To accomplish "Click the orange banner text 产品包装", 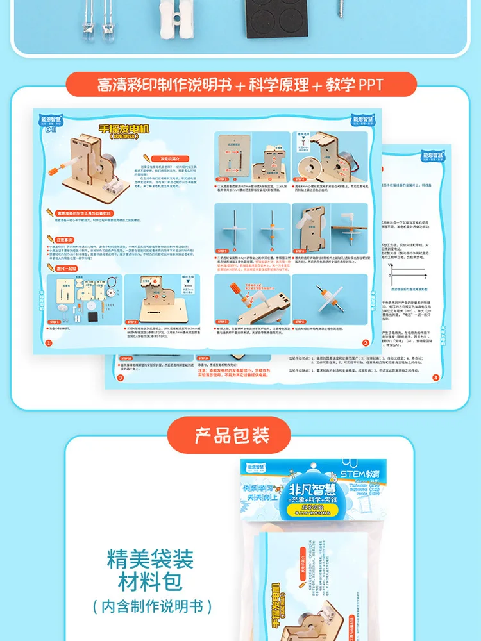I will point(232,436).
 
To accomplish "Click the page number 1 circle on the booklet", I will point(48,343).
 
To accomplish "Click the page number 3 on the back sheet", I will point(119,378).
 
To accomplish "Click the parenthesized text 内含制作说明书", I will point(150,606).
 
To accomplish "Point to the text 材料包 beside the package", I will point(150,583).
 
